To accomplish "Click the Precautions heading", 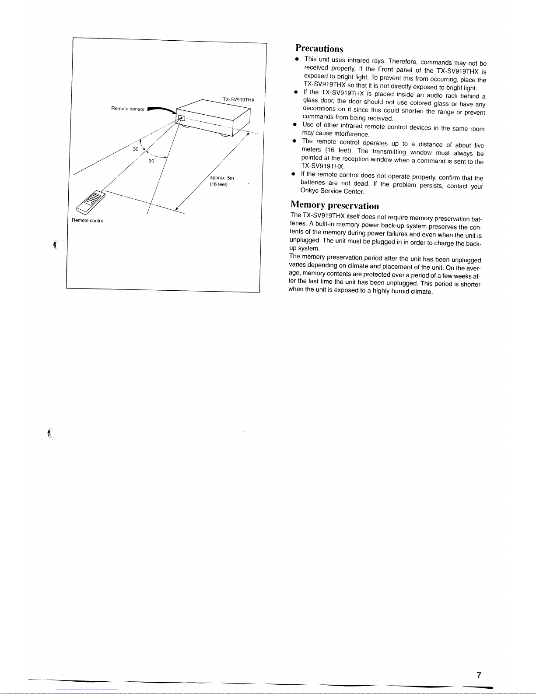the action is (x=319, y=48).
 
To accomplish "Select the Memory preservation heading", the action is (x=335, y=205).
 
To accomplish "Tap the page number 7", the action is (x=479, y=675).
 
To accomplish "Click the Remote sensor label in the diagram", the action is (x=128, y=109).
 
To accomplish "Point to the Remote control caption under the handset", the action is (x=88, y=220).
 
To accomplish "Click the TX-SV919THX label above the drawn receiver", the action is (x=238, y=100).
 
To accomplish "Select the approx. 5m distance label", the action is (x=222, y=178).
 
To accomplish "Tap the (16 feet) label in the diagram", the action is (x=218, y=184).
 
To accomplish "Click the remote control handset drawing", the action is (x=91, y=202).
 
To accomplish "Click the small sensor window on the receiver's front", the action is (x=181, y=118).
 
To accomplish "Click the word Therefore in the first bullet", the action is (x=403, y=61).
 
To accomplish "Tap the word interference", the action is (x=351, y=134).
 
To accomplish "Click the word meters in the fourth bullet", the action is (x=311, y=149).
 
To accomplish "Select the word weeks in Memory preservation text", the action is (x=462, y=276).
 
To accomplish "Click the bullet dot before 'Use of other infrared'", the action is (x=295, y=124).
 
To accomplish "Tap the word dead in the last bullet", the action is (x=361, y=183).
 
